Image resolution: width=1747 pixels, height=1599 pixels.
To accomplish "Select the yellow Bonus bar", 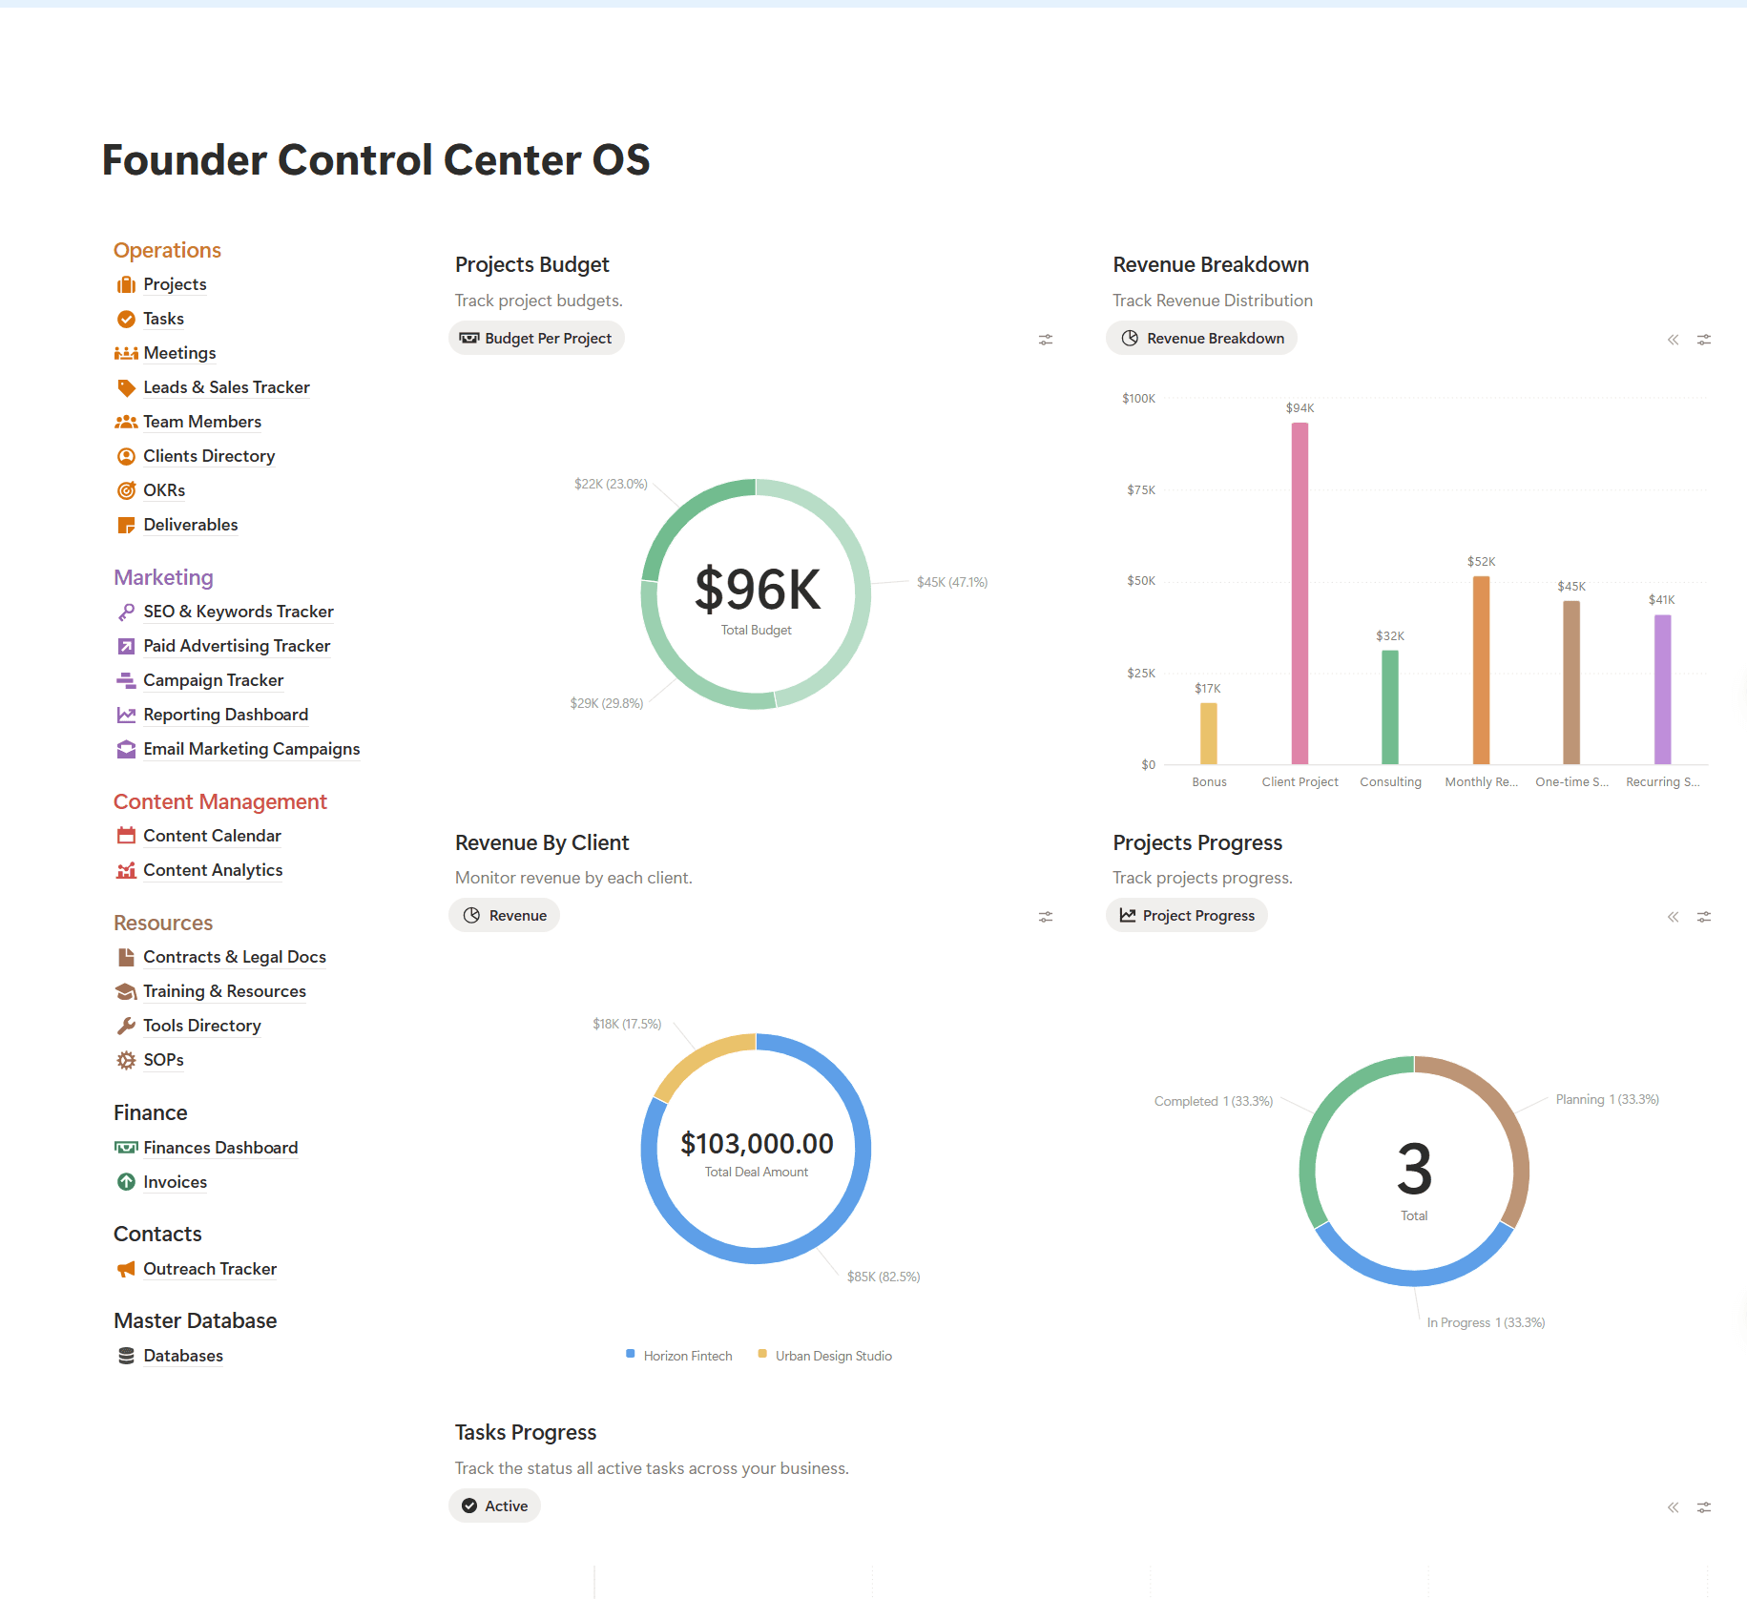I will tap(1208, 734).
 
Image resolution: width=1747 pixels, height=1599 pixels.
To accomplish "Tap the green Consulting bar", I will tap(1390, 707).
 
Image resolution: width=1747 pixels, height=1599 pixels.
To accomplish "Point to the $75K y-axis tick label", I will tap(1140, 490).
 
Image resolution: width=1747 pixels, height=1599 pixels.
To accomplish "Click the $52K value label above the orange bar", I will tap(1481, 562).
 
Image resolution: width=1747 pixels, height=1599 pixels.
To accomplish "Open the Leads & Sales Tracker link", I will tap(226, 387).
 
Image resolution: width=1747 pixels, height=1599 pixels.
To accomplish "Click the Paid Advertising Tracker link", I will tap(237, 646).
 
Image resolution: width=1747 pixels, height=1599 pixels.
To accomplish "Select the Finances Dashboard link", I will tap(220, 1148).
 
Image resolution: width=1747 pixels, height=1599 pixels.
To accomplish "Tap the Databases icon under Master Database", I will tap(126, 1356).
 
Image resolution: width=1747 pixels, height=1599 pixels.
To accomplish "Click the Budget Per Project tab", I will tap(536, 339).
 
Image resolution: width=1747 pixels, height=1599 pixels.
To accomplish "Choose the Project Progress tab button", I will tap(1187, 916).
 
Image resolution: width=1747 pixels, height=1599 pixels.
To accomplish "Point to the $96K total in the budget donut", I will tap(757, 589).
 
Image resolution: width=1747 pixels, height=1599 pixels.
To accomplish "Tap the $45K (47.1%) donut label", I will tap(951, 582).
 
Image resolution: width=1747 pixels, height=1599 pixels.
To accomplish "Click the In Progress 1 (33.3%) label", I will tap(1486, 1322).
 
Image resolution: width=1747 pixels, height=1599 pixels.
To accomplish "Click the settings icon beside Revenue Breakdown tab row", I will tap(1704, 340).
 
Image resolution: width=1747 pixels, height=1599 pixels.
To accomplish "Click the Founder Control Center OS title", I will tap(376, 160).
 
